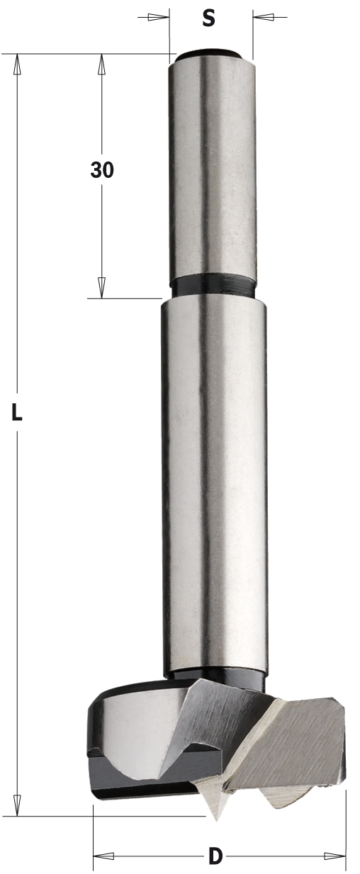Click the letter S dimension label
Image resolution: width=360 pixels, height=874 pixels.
(208, 18)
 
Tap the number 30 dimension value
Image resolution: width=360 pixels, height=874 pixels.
(102, 170)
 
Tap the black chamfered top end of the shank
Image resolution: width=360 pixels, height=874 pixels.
(210, 55)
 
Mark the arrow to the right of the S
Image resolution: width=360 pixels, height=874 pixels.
(264, 17)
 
